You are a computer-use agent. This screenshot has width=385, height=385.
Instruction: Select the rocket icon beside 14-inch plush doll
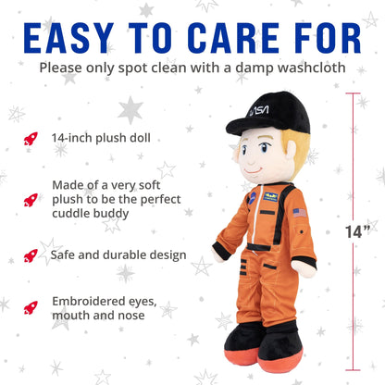coord(31,139)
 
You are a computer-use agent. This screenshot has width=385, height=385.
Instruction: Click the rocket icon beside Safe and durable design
coord(31,255)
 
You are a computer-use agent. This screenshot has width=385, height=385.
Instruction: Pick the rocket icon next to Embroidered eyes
coord(31,306)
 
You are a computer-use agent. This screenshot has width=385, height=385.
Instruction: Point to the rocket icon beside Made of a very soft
coord(31,198)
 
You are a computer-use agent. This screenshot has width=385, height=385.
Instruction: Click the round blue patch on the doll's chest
coord(250,196)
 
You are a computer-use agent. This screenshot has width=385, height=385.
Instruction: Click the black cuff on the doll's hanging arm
coord(221,250)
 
